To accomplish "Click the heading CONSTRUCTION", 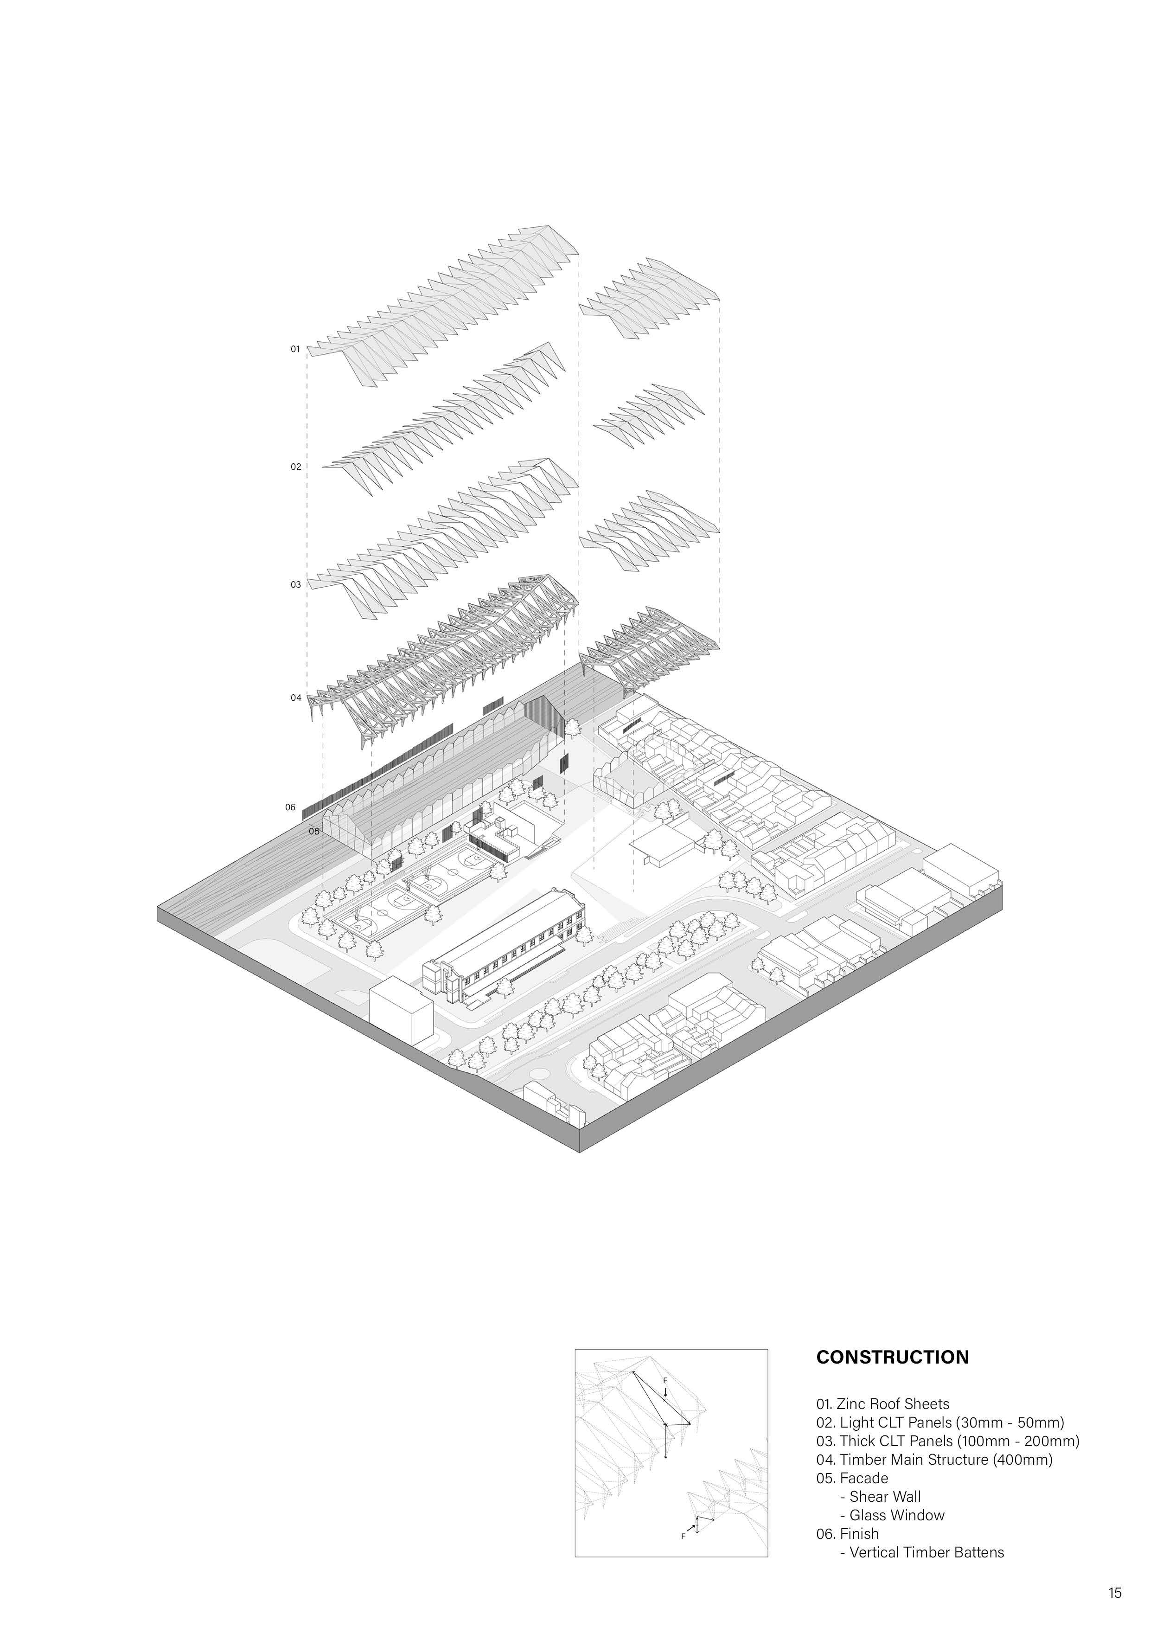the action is point(892,1357).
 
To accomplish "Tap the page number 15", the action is point(1115,1593).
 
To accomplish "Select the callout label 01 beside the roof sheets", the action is point(295,349).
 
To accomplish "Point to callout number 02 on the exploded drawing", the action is point(295,467).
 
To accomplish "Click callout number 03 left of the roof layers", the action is point(295,584).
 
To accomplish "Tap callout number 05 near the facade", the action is point(314,831).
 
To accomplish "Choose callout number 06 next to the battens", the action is point(290,807).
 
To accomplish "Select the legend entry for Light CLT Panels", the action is point(939,1422).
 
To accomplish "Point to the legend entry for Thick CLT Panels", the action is point(947,1441).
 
